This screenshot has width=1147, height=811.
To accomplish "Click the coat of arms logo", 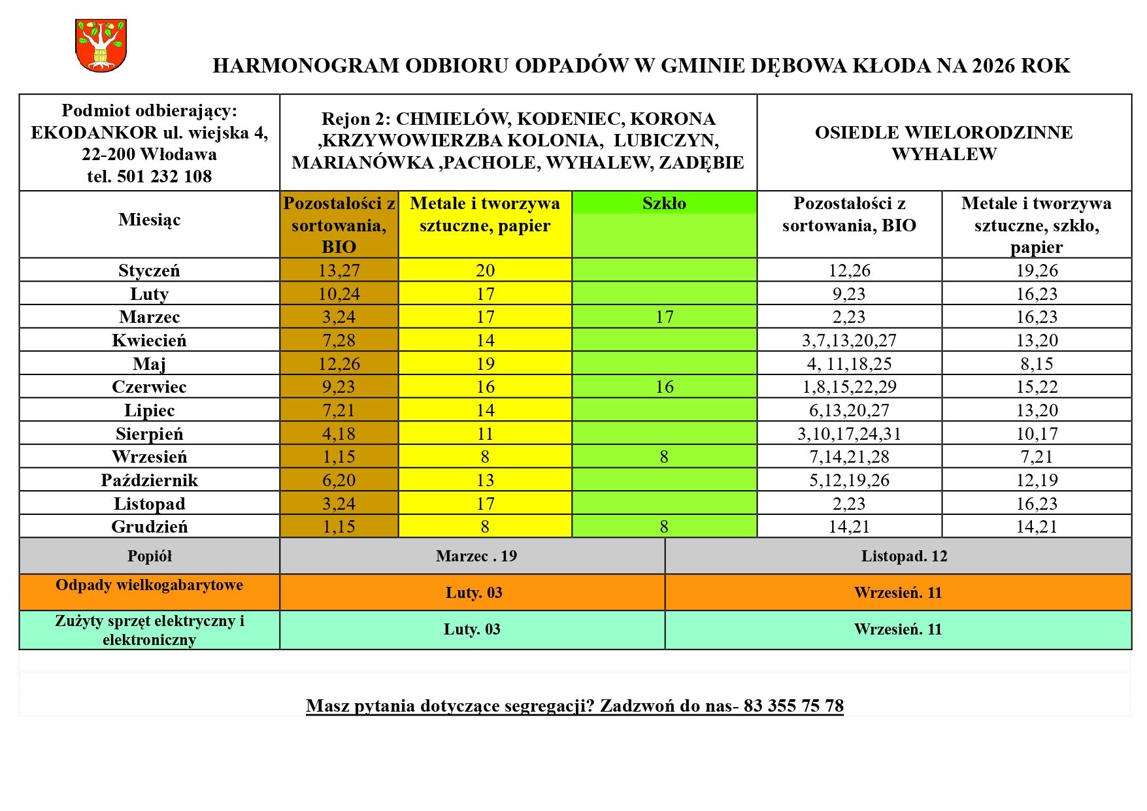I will click(x=101, y=45).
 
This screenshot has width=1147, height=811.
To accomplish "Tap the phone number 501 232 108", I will click(x=164, y=176).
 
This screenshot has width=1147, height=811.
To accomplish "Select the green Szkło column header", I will click(x=664, y=203).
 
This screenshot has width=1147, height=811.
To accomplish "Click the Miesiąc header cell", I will click(x=149, y=220).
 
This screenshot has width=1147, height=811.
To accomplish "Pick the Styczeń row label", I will click(x=149, y=271).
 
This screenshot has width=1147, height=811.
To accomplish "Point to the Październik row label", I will click(x=149, y=480).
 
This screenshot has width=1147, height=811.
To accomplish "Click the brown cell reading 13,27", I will click(x=339, y=271).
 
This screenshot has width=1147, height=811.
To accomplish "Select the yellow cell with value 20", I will click(x=485, y=271).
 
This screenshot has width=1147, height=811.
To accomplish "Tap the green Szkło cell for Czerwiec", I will click(x=664, y=387).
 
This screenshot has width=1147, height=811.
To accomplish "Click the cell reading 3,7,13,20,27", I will click(x=849, y=340).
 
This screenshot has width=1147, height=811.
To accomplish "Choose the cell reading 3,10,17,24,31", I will click(x=849, y=434).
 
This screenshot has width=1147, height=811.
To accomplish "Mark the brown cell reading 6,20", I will click(x=339, y=480).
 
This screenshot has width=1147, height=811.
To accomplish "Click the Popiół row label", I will click(x=149, y=556).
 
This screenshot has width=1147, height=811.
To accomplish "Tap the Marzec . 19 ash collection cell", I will click(x=476, y=556).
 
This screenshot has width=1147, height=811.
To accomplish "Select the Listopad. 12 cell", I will click(x=904, y=556).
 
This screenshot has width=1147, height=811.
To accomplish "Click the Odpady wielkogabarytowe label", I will click(x=149, y=585).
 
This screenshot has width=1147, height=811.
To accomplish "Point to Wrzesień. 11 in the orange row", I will click(x=897, y=593).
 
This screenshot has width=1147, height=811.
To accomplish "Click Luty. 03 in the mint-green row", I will click(x=472, y=629).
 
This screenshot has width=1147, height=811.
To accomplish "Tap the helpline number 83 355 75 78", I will click(x=793, y=706).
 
